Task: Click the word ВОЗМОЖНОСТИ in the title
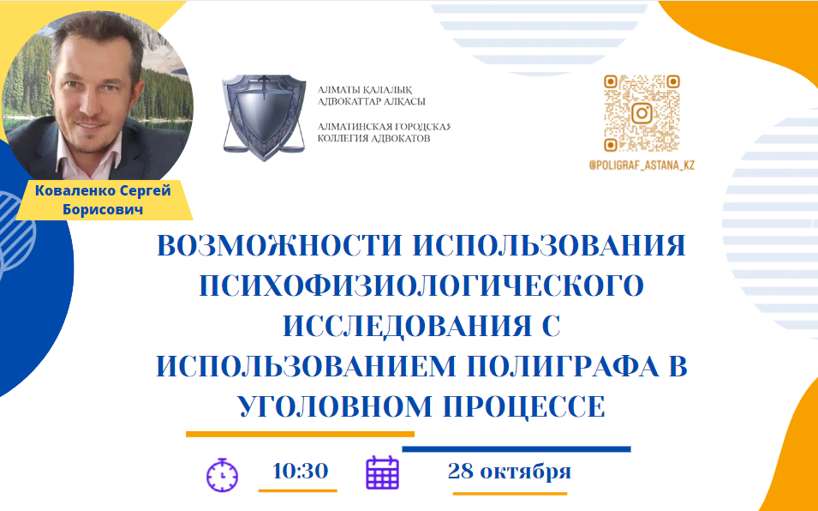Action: point(279,245)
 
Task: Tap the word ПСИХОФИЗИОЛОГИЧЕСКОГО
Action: point(421,286)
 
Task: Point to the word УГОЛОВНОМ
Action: point(335,406)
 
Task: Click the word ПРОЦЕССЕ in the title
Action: point(524,406)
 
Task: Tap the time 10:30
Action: point(300,471)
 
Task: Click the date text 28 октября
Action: point(509,471)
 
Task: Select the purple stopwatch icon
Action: point(222,474)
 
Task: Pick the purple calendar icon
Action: point(382,473)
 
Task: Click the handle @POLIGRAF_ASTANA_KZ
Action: point(642,165)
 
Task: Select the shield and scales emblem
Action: point(264,117)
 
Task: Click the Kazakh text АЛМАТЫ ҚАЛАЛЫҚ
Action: point(365,90)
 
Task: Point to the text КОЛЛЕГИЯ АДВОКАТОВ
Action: point(374,138)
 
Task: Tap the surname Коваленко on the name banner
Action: point(75,190)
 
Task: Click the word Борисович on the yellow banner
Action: point(103,209)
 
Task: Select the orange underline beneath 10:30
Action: point(298,490)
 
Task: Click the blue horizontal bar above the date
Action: point(516,449)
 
